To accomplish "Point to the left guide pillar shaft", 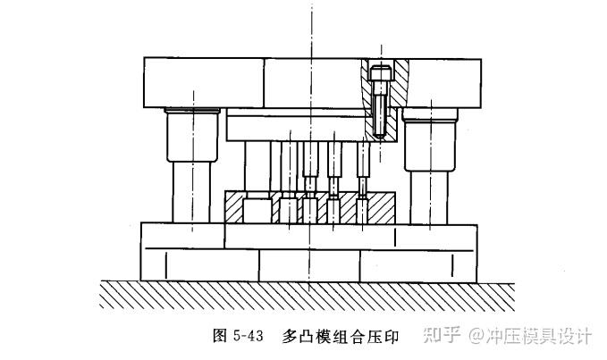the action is (190, 192).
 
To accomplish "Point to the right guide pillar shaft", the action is (431, 197).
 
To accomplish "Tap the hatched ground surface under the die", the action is (304, 294).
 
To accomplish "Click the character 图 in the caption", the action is (221, 336).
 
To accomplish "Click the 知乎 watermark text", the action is (443, 336).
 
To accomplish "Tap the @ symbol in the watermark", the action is (474, 336).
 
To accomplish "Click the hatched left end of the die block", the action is (234, 207).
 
